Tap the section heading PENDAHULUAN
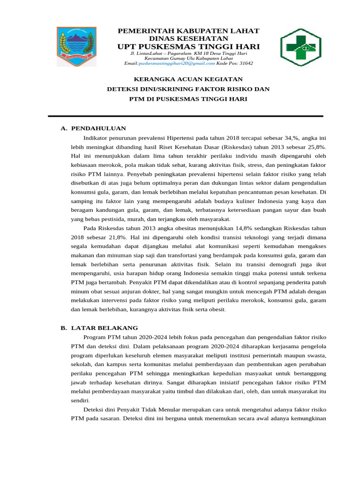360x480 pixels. (98, 128)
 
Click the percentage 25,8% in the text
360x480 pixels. (315, 147)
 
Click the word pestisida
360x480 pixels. (111, 219)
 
